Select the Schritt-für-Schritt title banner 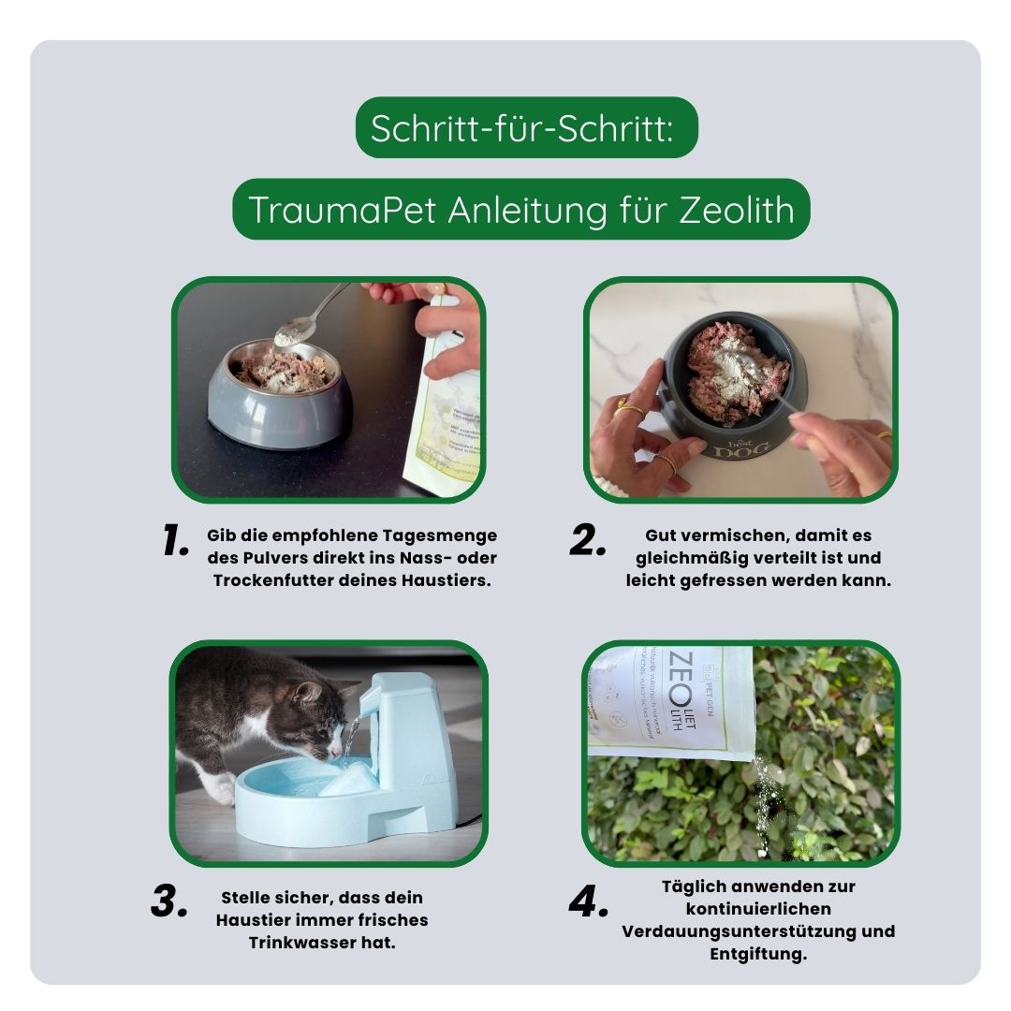(x=526, y=128)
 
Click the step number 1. (x=175, y=541)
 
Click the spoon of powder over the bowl (x=294, y=330)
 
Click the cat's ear (x=307, y=692)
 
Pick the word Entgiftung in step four (x=758, y=954)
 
